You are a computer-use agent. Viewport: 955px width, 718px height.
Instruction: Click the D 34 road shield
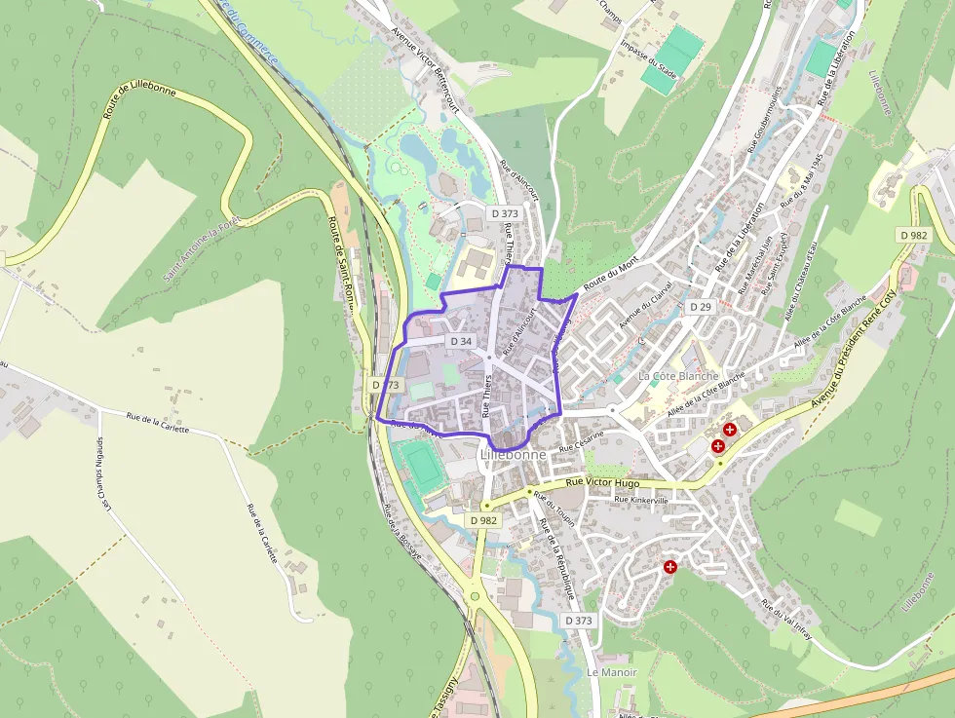pos(461,341)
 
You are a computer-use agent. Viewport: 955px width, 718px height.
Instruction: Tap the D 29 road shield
pos(700,307)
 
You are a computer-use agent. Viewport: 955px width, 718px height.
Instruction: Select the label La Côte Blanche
pos(678,376)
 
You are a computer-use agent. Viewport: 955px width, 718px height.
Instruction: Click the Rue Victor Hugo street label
pos(602,482)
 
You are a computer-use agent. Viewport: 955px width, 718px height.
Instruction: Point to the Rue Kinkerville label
pos(640,500)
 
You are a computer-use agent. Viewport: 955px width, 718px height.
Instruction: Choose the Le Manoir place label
pos(612,672)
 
